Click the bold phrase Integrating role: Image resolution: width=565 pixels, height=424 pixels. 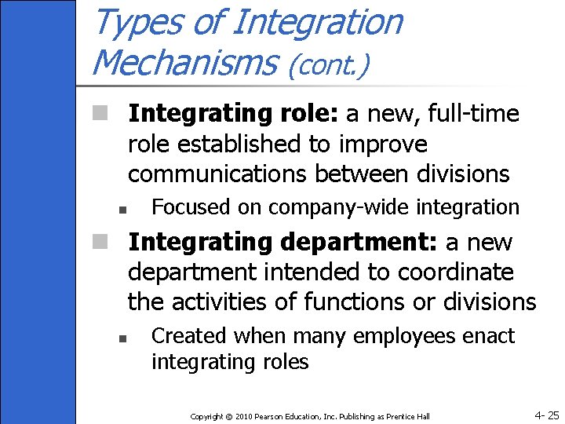[x=233, y=114]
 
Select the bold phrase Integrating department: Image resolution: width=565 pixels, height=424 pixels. [x=282, y=242]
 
